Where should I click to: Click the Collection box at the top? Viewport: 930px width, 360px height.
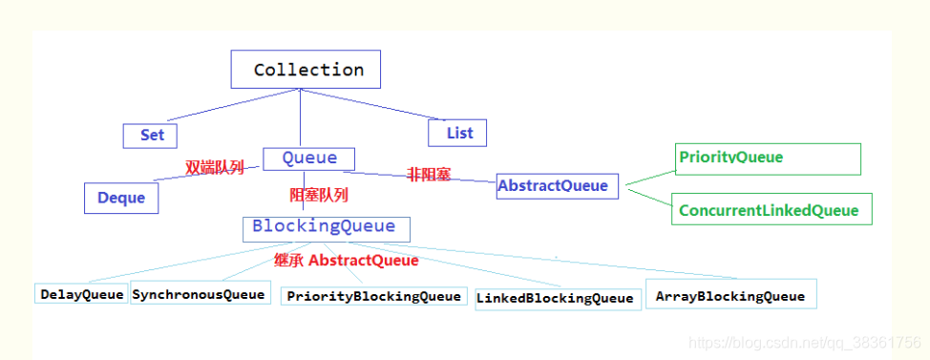tap(306, 70)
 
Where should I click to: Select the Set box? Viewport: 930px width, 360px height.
tap(151, 135)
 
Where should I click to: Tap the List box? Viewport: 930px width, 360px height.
tap(457, 133)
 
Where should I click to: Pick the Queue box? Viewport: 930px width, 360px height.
tap(307, 159)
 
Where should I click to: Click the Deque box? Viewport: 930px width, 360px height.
tap(121, 198)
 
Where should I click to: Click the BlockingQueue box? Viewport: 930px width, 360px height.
tap(326, 228)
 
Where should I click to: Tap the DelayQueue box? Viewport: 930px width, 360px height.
tap(82, 294)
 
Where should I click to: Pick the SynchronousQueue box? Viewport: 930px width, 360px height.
tap(198, 294)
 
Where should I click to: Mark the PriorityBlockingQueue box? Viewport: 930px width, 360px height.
tap(374, 296)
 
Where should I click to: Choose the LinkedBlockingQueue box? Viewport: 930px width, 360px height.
tap(555, 298)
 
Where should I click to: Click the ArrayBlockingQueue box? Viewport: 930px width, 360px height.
tap(730, 295)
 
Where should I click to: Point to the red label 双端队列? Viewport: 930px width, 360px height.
tap(214, 168)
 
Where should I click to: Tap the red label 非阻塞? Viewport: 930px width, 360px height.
tap(429, 175)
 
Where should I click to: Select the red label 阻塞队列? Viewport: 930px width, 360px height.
tap(318, 196)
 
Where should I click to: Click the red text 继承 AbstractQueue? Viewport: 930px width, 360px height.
tap(346, 260)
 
